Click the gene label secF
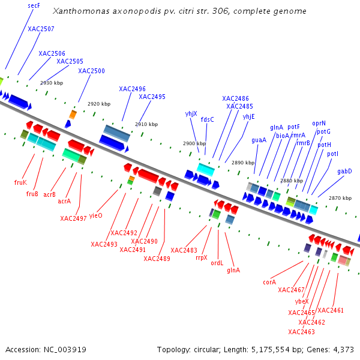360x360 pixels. coord(34,5)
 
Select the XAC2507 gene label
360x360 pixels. coord(41,29)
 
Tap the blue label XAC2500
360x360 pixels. coord(91,71)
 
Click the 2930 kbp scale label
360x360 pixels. coord(52,83)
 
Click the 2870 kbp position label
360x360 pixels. coord(340,198)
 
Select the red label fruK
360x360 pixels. coord(20,182)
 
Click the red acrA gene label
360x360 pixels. coord(64,201)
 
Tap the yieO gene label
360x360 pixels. coord(96,215)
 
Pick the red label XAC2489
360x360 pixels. coord(157,259)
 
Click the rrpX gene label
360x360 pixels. coord(202,257)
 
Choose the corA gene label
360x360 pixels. coord(269,281)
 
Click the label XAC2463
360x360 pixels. coord(301,332)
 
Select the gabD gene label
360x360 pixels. coord(344,172)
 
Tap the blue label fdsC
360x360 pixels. coord(207,119)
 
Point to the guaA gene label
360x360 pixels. coord(259,140)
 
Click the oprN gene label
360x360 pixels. coord(319,123)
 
